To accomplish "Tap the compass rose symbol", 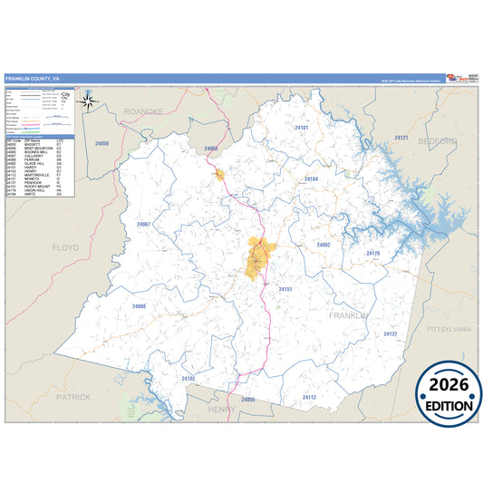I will tap(89, 101).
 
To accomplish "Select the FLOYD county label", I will tap(66, 246).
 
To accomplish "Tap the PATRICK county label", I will tap(72, 396).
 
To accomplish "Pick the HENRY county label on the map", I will tap(221, 409).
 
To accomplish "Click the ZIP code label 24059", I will tap(101, 144).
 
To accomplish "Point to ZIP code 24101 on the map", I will tap(302, 129).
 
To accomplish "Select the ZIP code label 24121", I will tap(401, 138).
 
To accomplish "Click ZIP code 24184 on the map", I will tap(311, 179).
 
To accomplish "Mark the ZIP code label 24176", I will tap(372, 253).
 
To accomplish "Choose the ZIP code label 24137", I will tap(390, 334).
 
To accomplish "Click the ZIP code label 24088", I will tap(139, 306).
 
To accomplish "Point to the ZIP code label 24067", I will tap(142, 224).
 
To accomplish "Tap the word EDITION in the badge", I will tap(449, 406).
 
